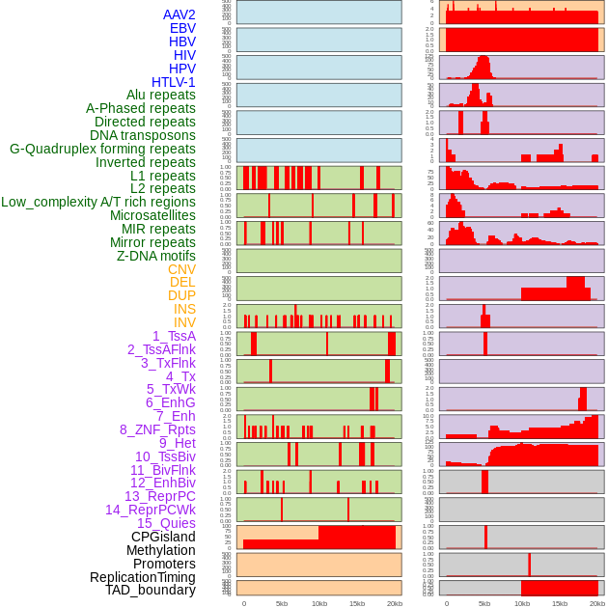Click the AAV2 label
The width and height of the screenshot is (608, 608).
coord(179,14)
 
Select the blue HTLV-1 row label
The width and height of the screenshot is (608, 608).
coord(174,82)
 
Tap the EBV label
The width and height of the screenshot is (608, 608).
coord(182,28)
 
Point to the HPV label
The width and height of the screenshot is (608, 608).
coord(182,69)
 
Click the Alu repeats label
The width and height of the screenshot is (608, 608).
coord(161,95)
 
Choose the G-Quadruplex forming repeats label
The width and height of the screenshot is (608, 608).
coord(102,149)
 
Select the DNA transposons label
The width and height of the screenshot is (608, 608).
coord(143,135)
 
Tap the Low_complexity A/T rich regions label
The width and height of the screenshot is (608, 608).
coord(98,202)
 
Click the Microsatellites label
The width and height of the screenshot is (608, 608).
coord(152,215)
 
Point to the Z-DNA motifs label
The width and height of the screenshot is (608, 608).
coord(156,256)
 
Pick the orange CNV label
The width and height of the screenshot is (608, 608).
coord(181,269)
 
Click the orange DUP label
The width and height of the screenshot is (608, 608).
coord(181,295)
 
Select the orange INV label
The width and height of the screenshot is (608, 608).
coord(184,322)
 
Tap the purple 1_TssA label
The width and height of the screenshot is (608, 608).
coord(174,336)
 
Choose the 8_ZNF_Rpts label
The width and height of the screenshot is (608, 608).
coord(157,429)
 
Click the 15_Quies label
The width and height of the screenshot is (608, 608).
coord(165,523)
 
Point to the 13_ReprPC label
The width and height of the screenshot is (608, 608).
coord(159,496)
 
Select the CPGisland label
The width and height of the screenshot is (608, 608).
coord(163,537)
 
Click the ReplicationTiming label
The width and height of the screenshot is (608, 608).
coord(142,577)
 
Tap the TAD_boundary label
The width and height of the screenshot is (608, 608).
coord(151,590)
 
